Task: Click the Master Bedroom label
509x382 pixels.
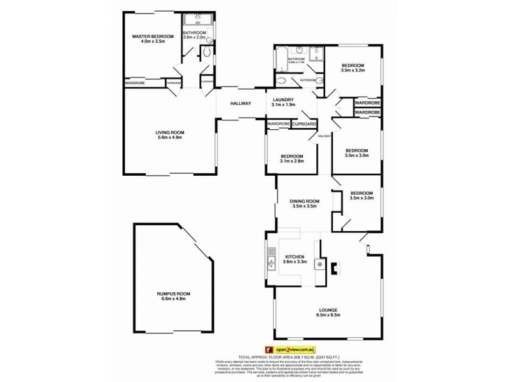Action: click(152, 36)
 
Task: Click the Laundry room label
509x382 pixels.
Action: click(282, 100)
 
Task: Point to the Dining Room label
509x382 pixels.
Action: click(304, 201)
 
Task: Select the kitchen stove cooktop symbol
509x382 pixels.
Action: click(320, 264)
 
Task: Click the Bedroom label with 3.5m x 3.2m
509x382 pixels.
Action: click(352, 66)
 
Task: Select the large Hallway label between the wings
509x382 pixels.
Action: click(241, 104)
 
